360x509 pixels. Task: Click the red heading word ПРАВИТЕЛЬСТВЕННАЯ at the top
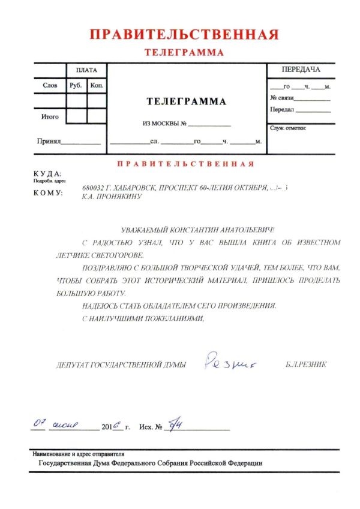(x=184, y=34)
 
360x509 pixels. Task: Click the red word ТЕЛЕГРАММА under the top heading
(x=184, y=53)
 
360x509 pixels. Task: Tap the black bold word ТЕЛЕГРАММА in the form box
(x=187, y=101)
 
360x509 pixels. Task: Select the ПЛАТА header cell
(x=87, y=71)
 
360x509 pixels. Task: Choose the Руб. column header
(x=76, y=86)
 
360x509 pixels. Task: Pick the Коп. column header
(x=97, y=86)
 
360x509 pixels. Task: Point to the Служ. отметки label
(x=289, y=128)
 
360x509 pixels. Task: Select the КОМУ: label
(x=49, y=193)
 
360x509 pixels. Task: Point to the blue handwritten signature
(x=227, y=362)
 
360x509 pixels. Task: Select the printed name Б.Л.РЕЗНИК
(x=306, y=364)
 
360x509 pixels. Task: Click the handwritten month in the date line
(x=65, y=426)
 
